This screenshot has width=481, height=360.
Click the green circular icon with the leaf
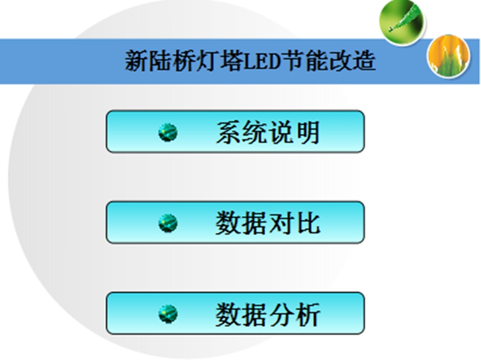click(x=401, y=22)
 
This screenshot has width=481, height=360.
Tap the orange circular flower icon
click(x=448, y=56)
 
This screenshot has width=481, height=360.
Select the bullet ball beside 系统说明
click(x=168, y=132)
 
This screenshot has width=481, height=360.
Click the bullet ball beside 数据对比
click(x=168, y=223)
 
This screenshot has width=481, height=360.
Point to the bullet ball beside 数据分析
click(x=168, y=314)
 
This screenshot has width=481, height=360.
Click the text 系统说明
click(x=268, y=133)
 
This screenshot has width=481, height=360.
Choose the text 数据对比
click(x=268, y=223)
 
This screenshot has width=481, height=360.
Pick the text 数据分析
click(x=268, y=314)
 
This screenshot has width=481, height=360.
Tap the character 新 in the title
click(x=136, y=61)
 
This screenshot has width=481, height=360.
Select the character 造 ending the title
click(x=364, y=61)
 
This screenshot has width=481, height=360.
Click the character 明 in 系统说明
click(x=308, y=133)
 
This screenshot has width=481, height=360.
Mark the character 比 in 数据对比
click(x=308, y=223)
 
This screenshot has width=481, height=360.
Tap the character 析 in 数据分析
click(x=308, y=314)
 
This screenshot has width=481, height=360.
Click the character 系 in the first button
click(x=229, y=133)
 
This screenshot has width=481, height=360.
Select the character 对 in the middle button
click(x=281, y=223)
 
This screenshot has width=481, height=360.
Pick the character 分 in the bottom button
click(x=281, y=314)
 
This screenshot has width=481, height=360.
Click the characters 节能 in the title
click(x=304, y=61)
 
